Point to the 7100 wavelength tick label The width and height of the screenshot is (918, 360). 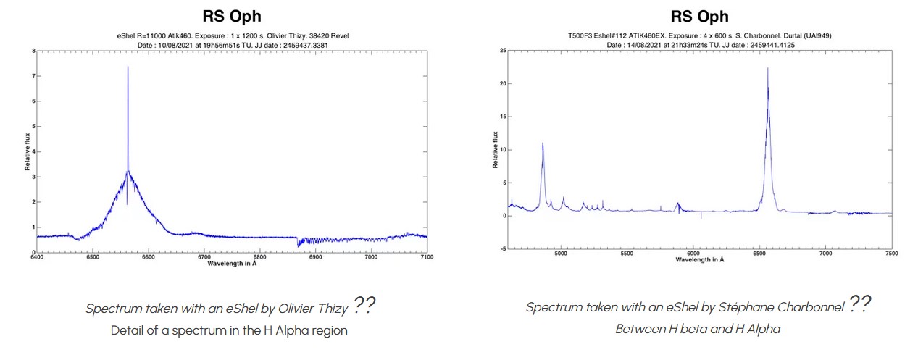(427, 257)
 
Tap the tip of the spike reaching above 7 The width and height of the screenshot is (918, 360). (128, 67)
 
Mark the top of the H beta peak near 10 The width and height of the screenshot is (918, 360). (543, 143)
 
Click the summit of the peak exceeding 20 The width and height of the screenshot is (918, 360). (767, 68)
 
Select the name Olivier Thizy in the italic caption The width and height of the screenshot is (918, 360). (314, 308)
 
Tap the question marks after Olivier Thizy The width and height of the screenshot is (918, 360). (364, 306)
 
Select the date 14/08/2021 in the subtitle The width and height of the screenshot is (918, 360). (641, 45)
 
